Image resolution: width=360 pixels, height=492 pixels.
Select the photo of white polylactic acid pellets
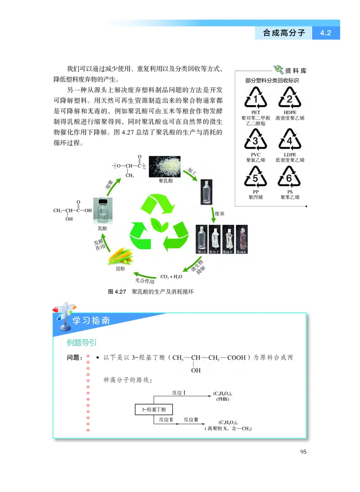click(x=166, y=167)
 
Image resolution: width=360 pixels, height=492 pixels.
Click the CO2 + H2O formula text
click(x=171, y=277)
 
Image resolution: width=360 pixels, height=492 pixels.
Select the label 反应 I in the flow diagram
click(x=179, y=393)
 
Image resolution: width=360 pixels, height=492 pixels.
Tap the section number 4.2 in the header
click(x=325, y=33)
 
